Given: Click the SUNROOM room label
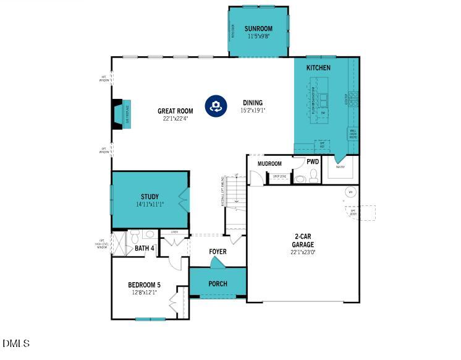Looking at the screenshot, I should pyautogui.click(x=258, y=28).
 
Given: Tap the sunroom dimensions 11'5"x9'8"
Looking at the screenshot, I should pyautogui.click(x=258, y=36).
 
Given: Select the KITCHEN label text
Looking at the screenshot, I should pyautogui.click(x=318, y=67).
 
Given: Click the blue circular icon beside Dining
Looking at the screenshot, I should pyautogui.click(x=215, y=106).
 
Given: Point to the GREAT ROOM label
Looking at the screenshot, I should pyautogui.click(x=175, y=111).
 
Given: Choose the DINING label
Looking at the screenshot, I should pyautogui.click(x=252, y=103).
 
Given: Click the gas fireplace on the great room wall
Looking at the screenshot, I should pyautogui.click(x=119, y=114).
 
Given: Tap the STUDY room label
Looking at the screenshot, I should pyautogui.click(x=150, y=197).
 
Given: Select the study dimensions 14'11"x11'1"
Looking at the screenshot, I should pyautogui.click(x=150, y=204).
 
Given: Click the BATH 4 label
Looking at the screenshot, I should pyautogui.click(x=144, y=249).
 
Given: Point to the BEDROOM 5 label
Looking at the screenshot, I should pyautogui.click(x=144, y=285).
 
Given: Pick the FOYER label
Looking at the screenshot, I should pyautogui.click(x=218, y=252).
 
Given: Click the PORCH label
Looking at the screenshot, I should pyautogui.click(x=218, y=284).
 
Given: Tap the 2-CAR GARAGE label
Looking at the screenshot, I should pyautogui.click(x=303, y=240).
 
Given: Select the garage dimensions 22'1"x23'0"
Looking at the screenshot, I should pyautogui.click(x=303, y=252).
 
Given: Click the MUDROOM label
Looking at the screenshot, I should pyautogui.click(x=269, y=164).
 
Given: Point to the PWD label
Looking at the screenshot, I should pyautogui.click(x=313, y=162).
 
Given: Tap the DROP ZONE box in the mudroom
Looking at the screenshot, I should pyautogui.click(x=279, y=176).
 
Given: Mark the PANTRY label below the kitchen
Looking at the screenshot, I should pyautogui.click(x=340, y=167).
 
